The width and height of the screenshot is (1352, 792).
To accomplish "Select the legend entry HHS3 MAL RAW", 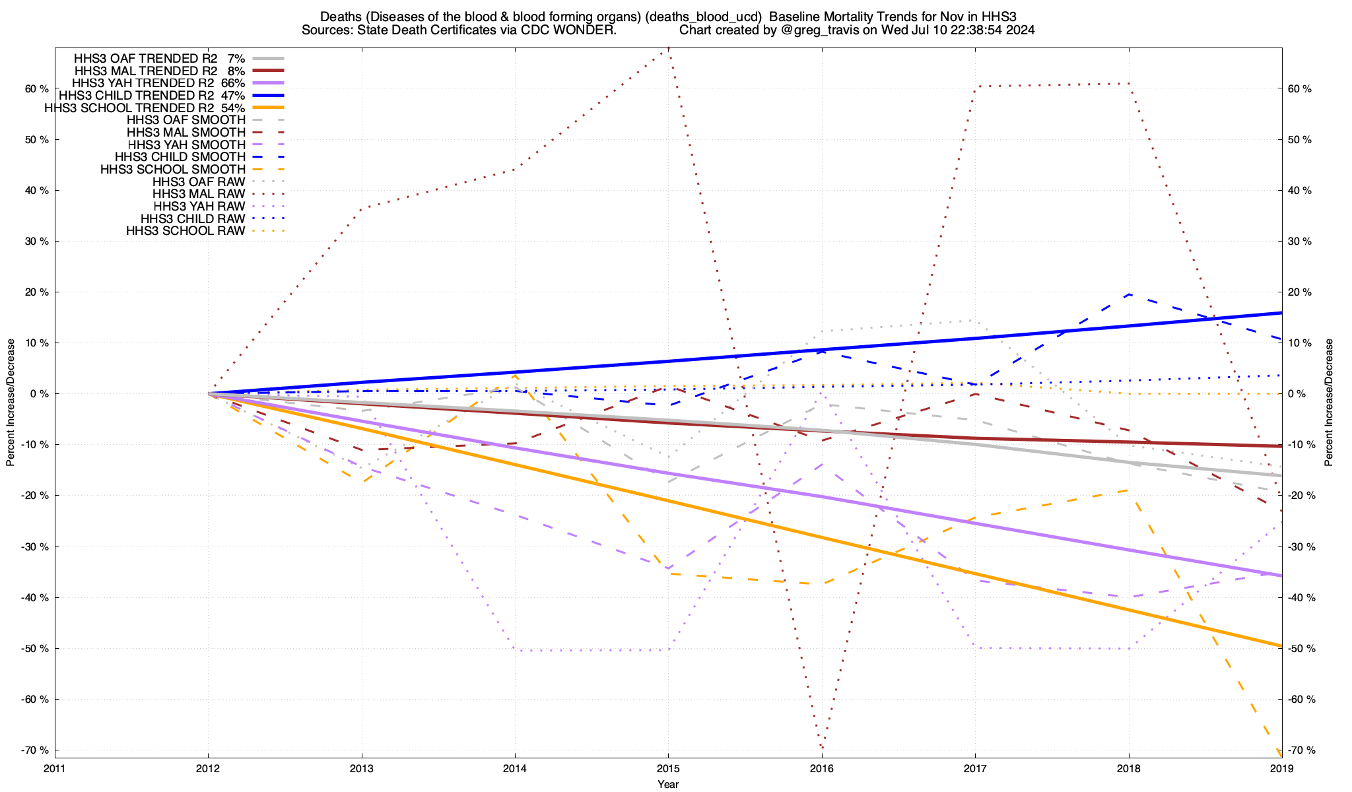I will (x=199, y=194).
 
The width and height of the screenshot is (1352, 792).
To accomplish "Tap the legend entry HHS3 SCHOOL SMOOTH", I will (x=173, y=170).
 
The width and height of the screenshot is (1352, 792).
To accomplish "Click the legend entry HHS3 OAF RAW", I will (x=199, y=181).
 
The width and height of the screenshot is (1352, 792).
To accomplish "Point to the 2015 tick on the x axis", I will (x=668, y=768).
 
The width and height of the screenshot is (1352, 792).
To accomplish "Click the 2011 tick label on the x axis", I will (x=55, y=768).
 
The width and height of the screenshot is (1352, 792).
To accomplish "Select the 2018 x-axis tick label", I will (x=1128, y=768).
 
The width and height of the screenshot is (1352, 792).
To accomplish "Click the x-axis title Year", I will (x=668, y=784).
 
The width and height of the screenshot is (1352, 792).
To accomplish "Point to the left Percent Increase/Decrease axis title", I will (x=11, y=403).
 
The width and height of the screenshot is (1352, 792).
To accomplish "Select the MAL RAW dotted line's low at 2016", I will (x=822, y=748).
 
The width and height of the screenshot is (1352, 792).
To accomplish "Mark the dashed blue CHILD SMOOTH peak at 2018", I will (x=1129, y=294).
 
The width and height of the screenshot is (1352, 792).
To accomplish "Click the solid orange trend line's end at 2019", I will (x=1281, y=645).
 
